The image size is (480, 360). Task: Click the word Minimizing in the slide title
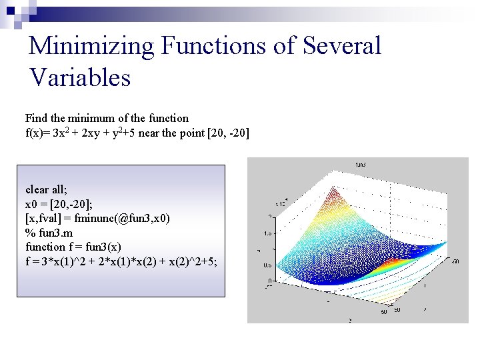91,47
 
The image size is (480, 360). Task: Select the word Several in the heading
341,47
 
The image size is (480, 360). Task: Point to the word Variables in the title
80,78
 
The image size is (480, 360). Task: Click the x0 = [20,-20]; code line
59,203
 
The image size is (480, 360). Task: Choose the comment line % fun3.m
52,233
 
